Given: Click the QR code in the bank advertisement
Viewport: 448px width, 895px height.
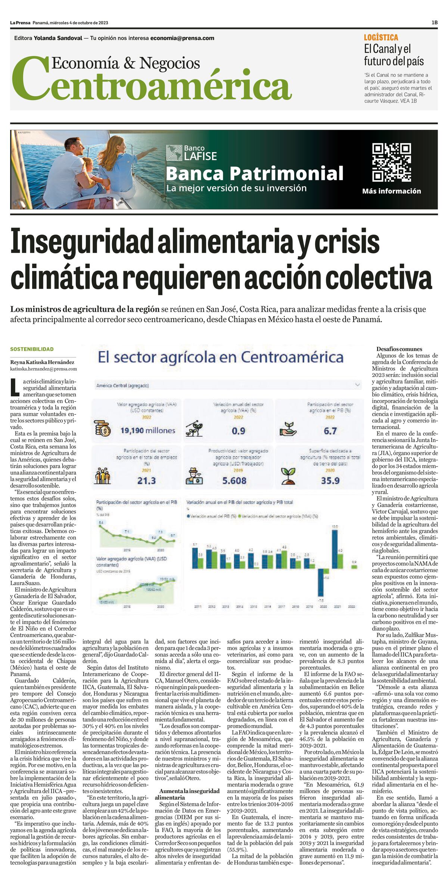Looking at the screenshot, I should tap(392, 162).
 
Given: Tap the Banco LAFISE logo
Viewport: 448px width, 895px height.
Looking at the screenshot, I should tap(192, 153).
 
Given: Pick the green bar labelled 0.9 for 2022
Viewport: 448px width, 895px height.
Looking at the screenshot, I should tap(354, 566).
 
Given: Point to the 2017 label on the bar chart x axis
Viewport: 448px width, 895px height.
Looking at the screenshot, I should tap(281, 607).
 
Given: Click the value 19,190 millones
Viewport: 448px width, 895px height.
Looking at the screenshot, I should tap(147, 431).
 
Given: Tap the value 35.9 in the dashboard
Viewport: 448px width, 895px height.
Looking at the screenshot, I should tap(330, 480).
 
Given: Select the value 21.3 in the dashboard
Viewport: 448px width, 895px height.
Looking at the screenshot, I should tap(146, 480).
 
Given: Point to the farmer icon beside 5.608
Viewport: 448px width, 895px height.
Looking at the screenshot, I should tap(194, 476).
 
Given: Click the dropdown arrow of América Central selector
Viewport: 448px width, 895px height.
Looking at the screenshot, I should tap(358, 385).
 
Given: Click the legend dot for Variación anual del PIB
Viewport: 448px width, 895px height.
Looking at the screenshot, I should tap(188, 516).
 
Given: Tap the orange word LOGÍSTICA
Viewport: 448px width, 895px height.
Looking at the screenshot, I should tap(381, 37).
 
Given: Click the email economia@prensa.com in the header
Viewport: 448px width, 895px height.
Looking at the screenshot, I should tap(182, 38).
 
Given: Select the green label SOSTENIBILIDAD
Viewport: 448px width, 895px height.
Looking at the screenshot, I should tap(32, 349).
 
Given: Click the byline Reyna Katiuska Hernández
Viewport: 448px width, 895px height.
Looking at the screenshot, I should tap(42, 362).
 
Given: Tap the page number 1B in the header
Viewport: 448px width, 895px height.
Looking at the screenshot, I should tap(434, 23).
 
